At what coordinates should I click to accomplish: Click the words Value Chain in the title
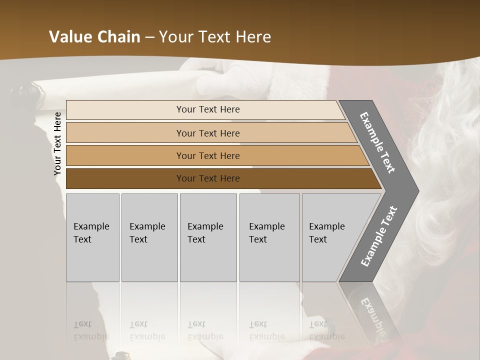pos(94,37)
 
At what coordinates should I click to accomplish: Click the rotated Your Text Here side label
pos(57,144)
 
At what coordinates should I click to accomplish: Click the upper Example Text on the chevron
pos(377,142)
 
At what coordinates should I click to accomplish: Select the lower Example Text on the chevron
pos(378,236)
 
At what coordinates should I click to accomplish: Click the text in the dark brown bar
pos(208,178)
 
